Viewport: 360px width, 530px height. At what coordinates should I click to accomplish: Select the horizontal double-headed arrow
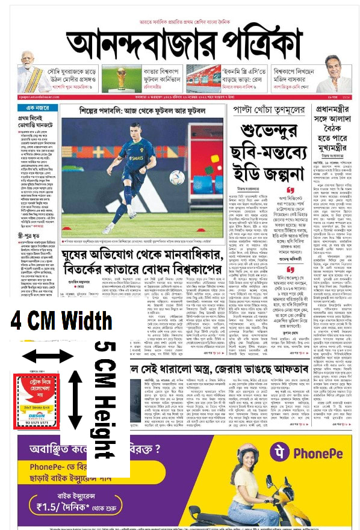[x=46, y=356]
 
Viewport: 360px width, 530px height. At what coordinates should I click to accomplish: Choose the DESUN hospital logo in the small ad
[x=37, y=415]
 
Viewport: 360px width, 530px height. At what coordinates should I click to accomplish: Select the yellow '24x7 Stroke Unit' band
[x=36, y=407]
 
